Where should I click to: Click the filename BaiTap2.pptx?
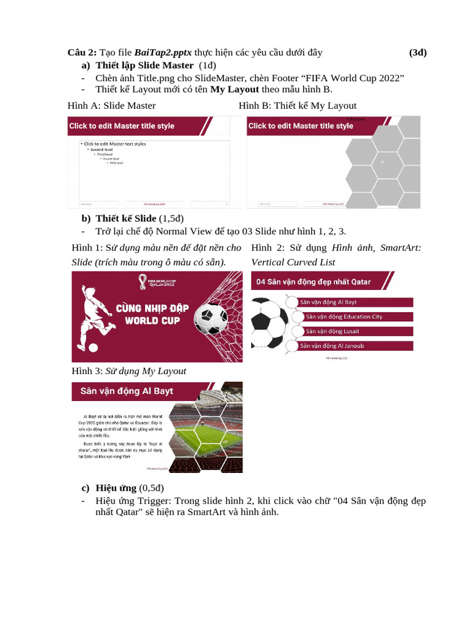tap(163, 53)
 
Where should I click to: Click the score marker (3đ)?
tap(418, 53)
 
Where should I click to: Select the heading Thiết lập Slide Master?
tap(144, 66)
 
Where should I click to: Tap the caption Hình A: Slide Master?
tap(111, 106)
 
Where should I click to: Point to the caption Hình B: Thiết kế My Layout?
tap(297, 106)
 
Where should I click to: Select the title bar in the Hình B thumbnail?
tap(301, 126)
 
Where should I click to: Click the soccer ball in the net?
tap(210, 319)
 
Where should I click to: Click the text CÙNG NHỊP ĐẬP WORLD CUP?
tap(151, 314)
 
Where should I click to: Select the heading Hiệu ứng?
tap(116, 488)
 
